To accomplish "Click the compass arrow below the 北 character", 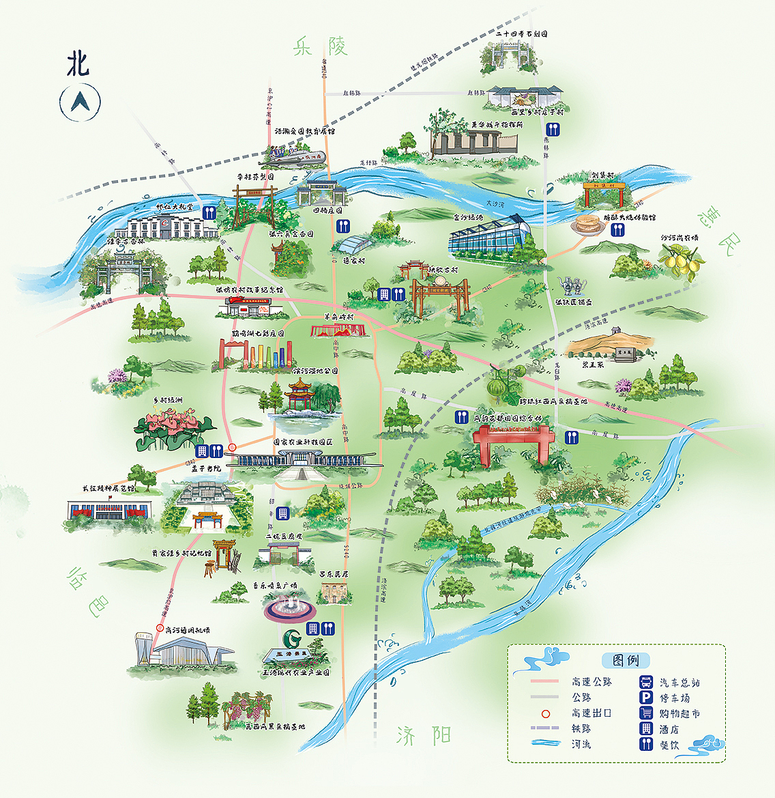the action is (81, 102).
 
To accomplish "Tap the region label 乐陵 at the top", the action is (320, 46).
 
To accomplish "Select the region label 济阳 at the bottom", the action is (423, 736).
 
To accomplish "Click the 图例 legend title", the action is (626, 660).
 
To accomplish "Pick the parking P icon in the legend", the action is (645, 698).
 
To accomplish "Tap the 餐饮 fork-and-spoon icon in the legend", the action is (645, 744).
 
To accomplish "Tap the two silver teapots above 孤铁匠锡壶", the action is (570, 285).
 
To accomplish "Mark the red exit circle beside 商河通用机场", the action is (160, 628).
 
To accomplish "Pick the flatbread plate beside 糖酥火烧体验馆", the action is (587, 225).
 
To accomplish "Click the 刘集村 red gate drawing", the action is (603, 196).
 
